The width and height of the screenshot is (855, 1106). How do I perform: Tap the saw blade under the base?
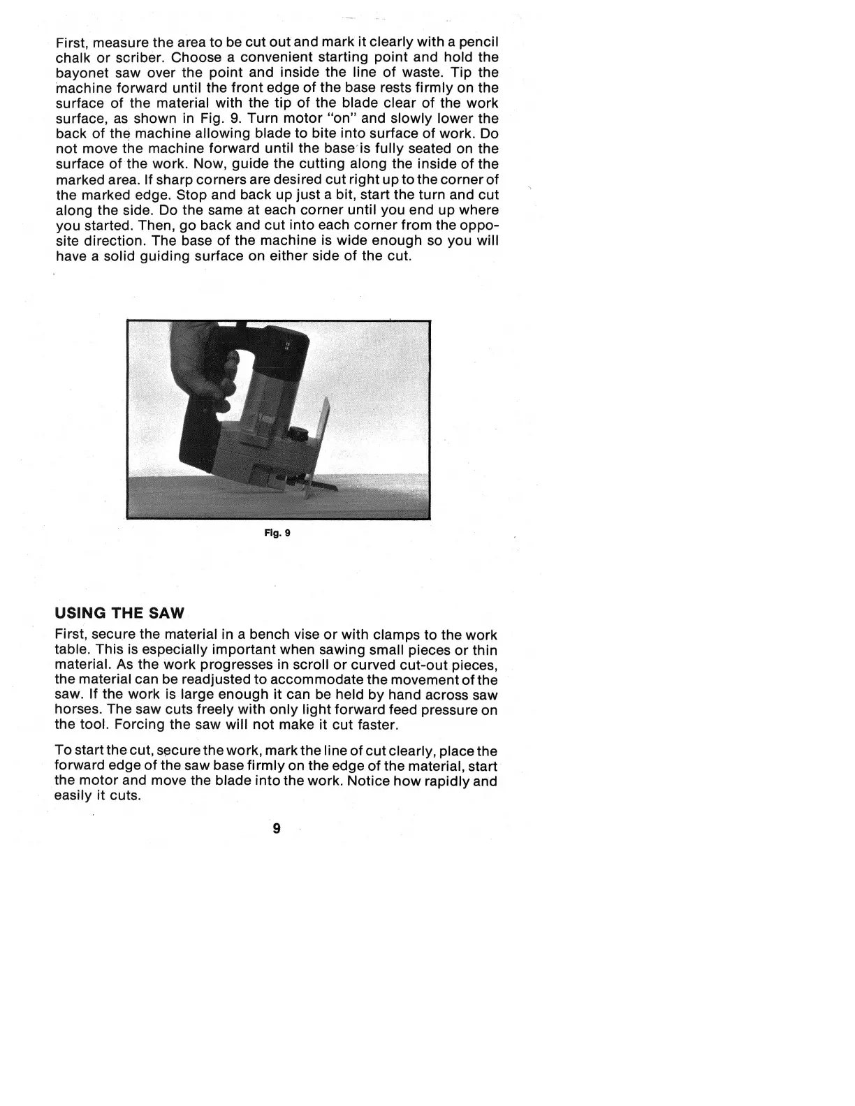[x=319, y=482]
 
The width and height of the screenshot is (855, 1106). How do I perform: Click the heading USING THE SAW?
[x=119, y=614]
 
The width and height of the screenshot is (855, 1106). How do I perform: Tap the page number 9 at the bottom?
[x=277, y=828]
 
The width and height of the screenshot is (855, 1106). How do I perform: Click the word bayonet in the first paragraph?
[x=80, y=73]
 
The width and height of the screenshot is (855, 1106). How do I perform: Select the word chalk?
[x=72, y=57]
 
